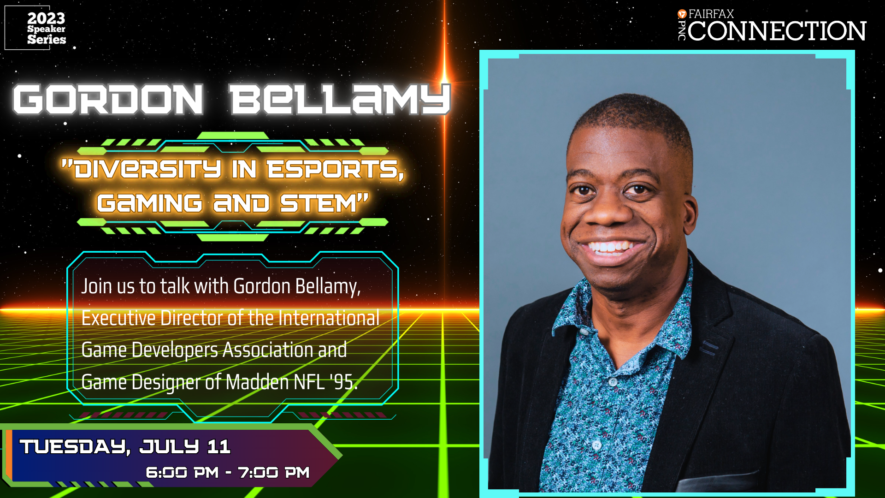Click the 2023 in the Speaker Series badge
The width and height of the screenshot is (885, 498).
point(46,18)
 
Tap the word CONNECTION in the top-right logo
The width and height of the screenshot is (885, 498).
point(777,31)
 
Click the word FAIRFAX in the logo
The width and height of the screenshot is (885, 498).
point(711,14)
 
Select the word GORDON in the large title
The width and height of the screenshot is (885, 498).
point(108,99)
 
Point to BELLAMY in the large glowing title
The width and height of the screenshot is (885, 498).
point(340,99)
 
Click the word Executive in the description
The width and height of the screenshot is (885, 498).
point(118,318)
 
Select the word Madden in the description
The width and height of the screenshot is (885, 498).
point(257,382)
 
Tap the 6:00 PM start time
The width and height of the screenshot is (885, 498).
point(182,472)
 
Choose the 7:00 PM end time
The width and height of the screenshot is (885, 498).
point(274,472)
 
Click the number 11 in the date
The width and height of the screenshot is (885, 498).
point(218,446)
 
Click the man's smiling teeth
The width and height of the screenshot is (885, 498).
point(609,248)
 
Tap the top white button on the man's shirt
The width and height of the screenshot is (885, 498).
point(613,382)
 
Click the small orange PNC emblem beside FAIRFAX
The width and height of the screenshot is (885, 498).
point(682,14)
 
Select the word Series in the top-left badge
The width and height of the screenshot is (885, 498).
point(47,39)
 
